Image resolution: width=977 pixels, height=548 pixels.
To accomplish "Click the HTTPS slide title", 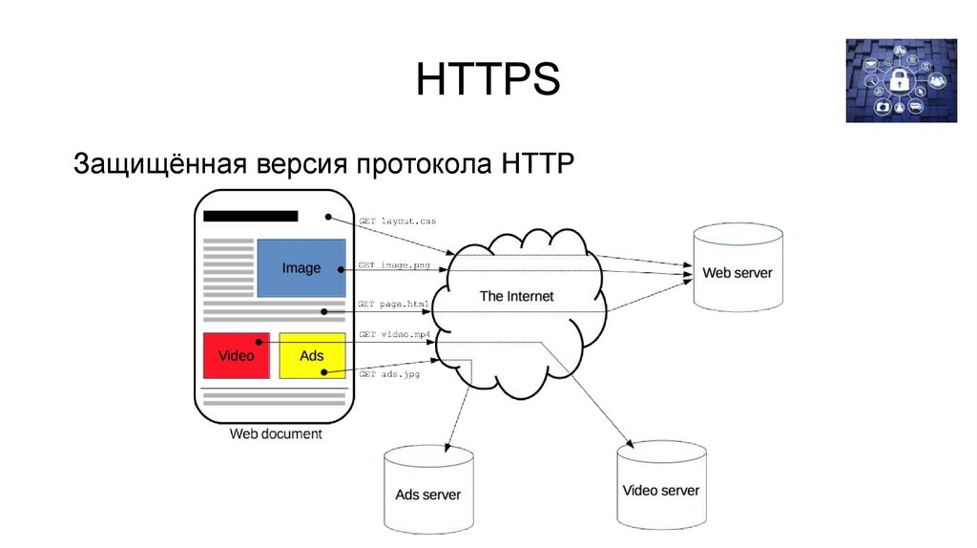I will [488, 80].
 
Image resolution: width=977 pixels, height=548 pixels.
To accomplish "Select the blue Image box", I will [301, 268].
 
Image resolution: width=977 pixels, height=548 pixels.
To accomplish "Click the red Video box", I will [236, 355].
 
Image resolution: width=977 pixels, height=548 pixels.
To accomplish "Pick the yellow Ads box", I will [312, 355].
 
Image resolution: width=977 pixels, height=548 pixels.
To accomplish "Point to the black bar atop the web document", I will [250, 216].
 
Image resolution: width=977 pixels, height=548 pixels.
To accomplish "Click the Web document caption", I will [276, 433].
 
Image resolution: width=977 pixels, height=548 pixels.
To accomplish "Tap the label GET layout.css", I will [397, 221].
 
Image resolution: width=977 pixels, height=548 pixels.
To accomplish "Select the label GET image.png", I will [395, 263].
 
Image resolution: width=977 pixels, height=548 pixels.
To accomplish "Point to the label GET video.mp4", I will [395, 334].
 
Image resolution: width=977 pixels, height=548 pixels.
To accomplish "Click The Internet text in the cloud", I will [516, 296].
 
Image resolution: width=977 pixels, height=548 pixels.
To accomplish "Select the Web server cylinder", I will [738, 270].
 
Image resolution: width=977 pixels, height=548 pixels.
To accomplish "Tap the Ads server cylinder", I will [427, 493].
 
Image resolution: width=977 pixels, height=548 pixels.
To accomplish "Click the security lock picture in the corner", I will [901, 80].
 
